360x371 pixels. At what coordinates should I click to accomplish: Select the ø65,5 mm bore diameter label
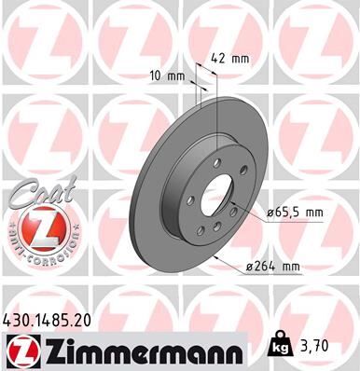point(297,213)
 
